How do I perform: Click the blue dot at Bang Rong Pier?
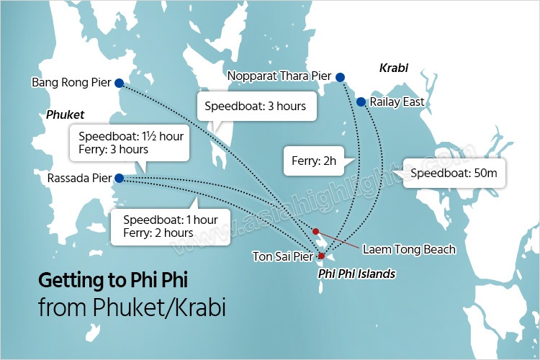click(x=119, y=82)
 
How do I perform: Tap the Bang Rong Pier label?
click(x=71, y=82)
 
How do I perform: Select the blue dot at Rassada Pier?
click(x=119, y=178)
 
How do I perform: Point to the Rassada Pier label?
click(x=78, y=178)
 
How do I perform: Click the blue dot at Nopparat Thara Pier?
click(x=340, y=77)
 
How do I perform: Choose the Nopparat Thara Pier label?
click(x=279, y=76)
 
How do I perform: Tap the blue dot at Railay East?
click(x=361, y=102)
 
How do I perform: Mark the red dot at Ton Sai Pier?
click(x=321, y=256)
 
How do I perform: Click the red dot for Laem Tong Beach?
click(x=315, y=231)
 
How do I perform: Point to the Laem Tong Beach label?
click(x=409, y=249)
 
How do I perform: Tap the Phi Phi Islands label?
click(x=356, y=274)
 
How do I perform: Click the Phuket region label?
click(x=65, y=114)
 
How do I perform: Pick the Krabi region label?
click(x=394, y=68)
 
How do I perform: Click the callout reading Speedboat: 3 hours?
click(x=256, y=106)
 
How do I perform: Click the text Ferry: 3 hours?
click(x=114, y=150)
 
